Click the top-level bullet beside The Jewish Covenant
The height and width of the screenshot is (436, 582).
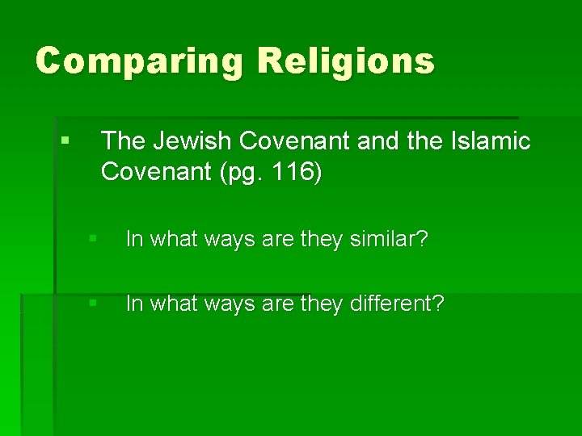pyautogui.click(x=65, y=140)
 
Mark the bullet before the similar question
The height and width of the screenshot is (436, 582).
pyautogui.click(x=94, y=239)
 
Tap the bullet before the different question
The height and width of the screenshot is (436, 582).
pyautogui.click(x=94, y=304)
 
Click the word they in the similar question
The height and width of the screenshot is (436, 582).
pyautogui.click(x=321, y=240)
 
